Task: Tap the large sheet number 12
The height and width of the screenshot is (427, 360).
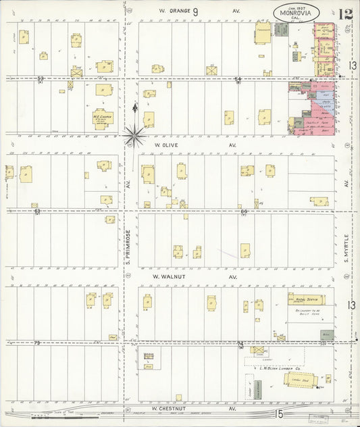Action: [345, 14]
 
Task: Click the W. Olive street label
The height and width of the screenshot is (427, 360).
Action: [166, 145]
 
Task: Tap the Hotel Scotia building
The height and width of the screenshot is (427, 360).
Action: [306, 299]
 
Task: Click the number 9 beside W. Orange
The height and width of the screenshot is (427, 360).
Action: [195, 11]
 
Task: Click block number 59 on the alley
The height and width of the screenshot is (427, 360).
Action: [41, 79]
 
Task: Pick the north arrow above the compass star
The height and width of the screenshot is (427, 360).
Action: [135, 108]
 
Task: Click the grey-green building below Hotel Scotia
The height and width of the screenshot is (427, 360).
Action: [327, 335]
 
